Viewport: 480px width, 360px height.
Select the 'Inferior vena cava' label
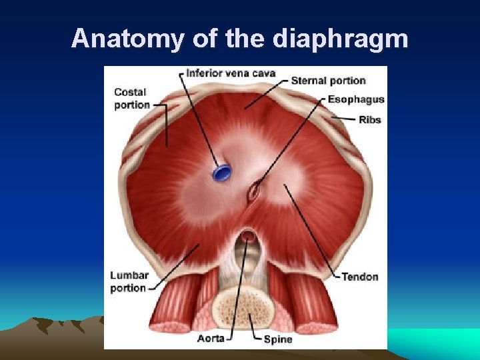[x=231, y=72]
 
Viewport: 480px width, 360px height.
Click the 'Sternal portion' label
[x=329, y=81]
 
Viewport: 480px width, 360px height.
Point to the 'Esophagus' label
[x=356, y=99]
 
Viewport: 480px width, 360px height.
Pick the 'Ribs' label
[x=370, y=120]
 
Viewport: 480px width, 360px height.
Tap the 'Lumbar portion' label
[x=128, y=281]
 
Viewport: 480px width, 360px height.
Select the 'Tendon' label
[x=359, y=277]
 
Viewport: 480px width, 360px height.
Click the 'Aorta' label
[x=211, y=339]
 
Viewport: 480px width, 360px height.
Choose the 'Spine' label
[x=278, y=339]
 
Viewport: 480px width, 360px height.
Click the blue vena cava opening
[x=221, y=173]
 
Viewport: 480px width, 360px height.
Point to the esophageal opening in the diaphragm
[x=253, y=192]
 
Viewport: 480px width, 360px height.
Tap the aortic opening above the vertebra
[x=247, y=235]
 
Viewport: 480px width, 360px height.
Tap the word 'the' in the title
[x=245, y=39]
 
